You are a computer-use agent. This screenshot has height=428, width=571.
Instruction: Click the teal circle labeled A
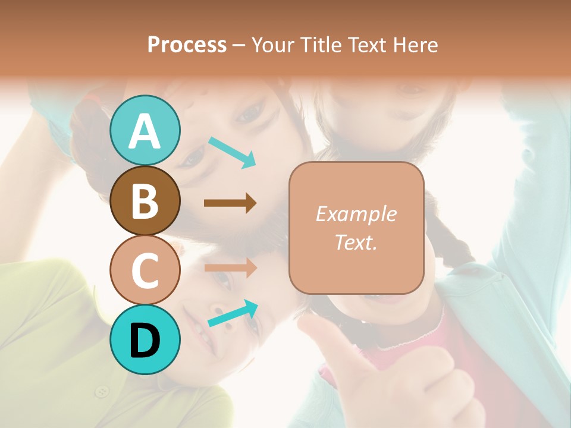[145, 130]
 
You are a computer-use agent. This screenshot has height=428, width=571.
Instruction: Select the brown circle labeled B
[145, 200]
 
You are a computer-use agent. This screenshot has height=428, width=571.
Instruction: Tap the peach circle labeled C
[145, 270]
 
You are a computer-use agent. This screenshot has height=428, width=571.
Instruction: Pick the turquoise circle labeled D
[145, 339]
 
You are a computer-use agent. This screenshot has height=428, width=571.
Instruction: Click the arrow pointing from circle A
[232, 152]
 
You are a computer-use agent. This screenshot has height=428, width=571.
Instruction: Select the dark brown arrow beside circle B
[230, 203]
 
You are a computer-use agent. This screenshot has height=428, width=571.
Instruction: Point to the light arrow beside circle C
[230, 268]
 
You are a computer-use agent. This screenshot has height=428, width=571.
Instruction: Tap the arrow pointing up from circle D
[233, 313]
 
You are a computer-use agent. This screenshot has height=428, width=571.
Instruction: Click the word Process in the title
[187, 45]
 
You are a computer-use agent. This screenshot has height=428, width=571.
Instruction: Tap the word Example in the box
[356, 214]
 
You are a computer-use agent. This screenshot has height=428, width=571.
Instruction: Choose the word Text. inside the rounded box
[356, 243]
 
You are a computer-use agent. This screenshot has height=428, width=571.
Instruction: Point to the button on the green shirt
[103, 391]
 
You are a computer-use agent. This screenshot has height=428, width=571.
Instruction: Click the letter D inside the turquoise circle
[145, 341]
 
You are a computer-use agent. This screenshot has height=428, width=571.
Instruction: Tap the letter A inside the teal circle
[145, 131]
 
